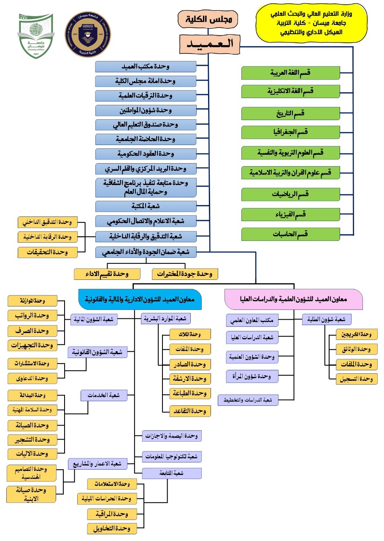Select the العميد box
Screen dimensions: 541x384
(209, 43)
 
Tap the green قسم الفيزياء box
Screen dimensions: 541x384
(291, 214)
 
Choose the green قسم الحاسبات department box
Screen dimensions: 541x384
(291, 234)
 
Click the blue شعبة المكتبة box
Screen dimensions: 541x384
(146, 206)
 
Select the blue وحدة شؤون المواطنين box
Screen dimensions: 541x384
(146, 110)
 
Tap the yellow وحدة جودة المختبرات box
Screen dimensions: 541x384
(185, 274)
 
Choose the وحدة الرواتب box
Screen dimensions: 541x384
(32, 316)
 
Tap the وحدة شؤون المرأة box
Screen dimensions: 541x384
(252, 375)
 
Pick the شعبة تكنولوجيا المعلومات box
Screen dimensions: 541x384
(172, 457)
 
